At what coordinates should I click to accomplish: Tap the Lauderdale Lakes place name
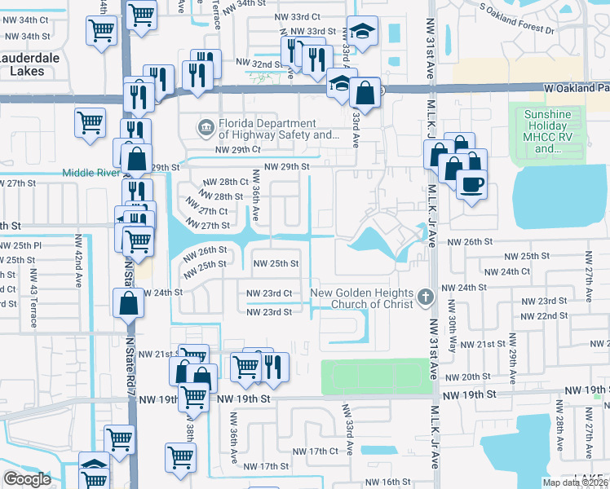(34, 64)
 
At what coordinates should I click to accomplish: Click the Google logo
(27, 478)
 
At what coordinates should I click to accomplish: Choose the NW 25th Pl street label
(20, 244)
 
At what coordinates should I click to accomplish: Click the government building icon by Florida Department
(206, 126)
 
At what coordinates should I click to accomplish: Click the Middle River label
(90, 172)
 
